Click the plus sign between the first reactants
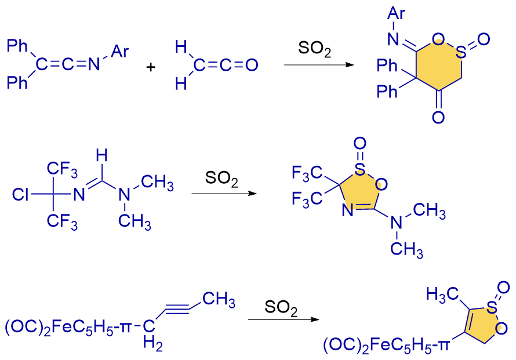(x=151, y=67)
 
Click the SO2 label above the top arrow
(x=315, y=49)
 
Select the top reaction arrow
(x=318, y=65)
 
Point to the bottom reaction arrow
(x=285, y=319)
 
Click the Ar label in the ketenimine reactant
(x=120, y=53)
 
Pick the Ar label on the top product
(x=397, y=12)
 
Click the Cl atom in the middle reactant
(x=20, y=194)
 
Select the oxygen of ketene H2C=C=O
(x=252, y=66)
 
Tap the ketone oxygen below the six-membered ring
(x=439, y=118)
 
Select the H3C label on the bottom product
(x=439, y=294)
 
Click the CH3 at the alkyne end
(x=219, y=300)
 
